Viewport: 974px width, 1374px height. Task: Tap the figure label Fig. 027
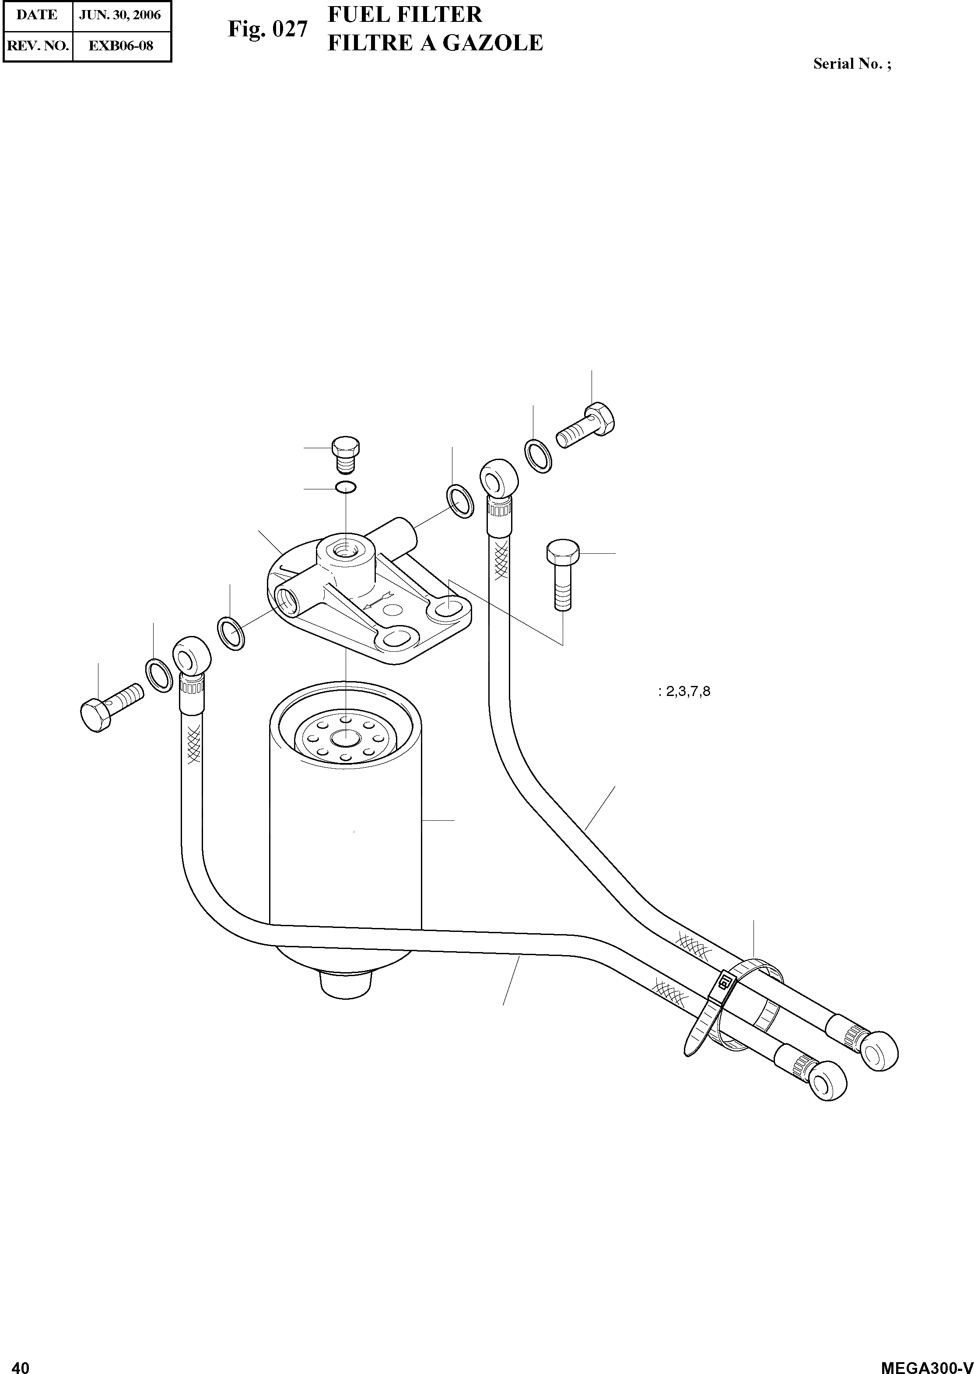click(267, 29)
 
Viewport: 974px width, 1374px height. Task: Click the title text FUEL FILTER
click(405, 14)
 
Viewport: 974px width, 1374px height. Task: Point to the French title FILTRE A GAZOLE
click(435, 43)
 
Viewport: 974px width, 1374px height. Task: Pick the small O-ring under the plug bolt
click(347, 487)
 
